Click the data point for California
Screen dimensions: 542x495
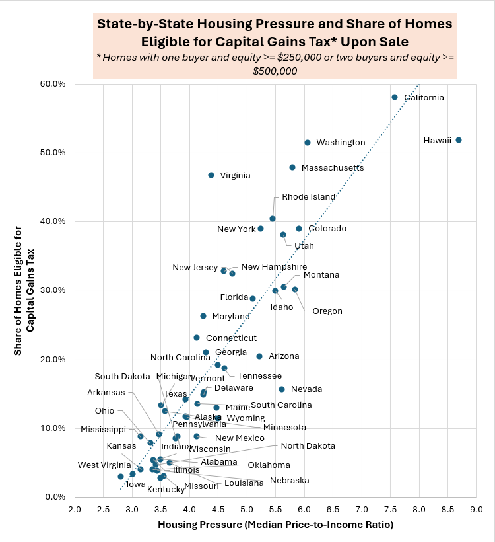click(395, 97)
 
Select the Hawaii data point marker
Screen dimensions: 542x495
click(459, 140)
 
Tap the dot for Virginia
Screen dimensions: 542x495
click(211, 175)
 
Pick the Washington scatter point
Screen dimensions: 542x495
click(308, 143)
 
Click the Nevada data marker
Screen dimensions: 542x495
click(282, 389)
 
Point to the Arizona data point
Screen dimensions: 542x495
click(259, 356)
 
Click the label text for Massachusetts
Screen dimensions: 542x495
click(333, 168)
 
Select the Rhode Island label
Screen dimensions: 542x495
click(309, 197)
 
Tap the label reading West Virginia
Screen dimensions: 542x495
click(104, 465)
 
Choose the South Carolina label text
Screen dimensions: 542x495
click(281, 405)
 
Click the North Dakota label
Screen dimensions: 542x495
click(308, 447)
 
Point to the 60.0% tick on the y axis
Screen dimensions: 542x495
click(53, 84)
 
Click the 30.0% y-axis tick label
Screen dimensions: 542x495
click(53, 291)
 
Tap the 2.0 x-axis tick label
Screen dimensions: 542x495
click(75, 509)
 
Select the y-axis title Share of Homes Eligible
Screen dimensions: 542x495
click(24, 291)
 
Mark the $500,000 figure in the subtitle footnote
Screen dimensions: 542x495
click(275, 71)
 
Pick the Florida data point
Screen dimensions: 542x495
click(253, 299)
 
